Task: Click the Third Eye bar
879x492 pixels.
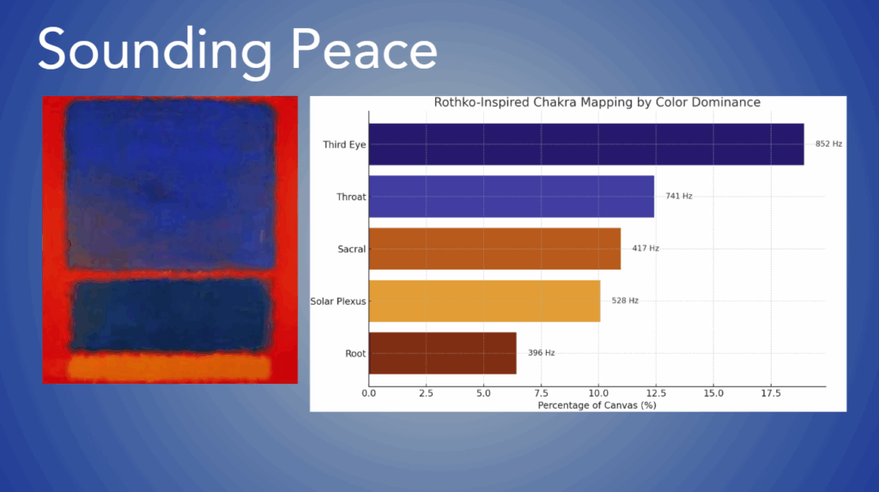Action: click(586, 144)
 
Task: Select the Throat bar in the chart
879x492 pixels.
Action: click(512, 197)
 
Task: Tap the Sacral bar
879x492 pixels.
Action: click(495, 248)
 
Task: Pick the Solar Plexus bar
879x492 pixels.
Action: click(484, 301)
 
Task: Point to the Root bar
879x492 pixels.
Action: click(443, 353)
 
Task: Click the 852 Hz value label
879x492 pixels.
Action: click(828, 143)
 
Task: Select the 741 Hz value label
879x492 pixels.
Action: click(679, 196)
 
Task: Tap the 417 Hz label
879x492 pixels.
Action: click(646, 248)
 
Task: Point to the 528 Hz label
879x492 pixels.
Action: click(625, 301)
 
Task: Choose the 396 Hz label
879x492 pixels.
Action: click(541, 352)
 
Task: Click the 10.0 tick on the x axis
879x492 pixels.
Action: click(598, 393)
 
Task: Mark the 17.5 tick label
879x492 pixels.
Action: click(771, 393)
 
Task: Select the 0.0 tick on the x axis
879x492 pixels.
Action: click(369, 393)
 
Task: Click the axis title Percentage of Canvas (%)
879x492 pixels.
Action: click(597, 405)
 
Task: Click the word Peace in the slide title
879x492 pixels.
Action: click(363, 50)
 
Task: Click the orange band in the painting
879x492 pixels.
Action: click(169, 367)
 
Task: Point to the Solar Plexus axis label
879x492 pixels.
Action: click(338, 301)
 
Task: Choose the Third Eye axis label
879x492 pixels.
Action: click(344, 145)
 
